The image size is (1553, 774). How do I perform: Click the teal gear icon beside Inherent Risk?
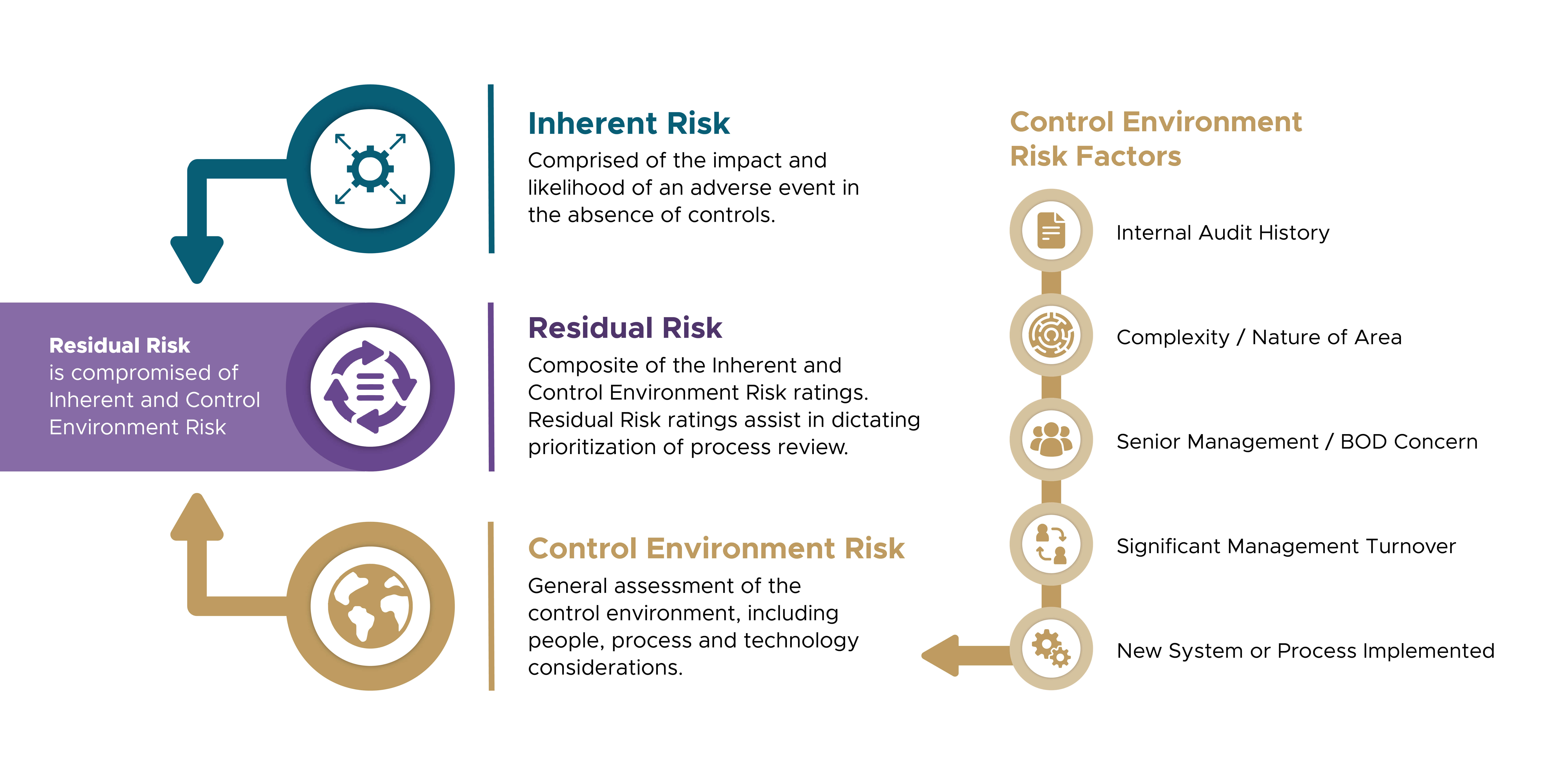[x=370, y=169]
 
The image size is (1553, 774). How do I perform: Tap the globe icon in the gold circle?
[x=370, y=606]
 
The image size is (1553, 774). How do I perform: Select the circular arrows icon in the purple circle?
[x=370, y=387]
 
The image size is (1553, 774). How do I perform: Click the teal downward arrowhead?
[x=197, y=259]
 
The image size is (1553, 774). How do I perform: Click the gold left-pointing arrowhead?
[x=940, y=655]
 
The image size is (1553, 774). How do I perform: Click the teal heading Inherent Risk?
[x=629, y=123]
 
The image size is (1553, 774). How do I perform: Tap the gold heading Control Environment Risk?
[x=716, y=549]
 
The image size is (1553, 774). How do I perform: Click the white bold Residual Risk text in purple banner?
[x=119, y=345]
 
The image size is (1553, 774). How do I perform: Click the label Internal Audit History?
[x=1223, y=233]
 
